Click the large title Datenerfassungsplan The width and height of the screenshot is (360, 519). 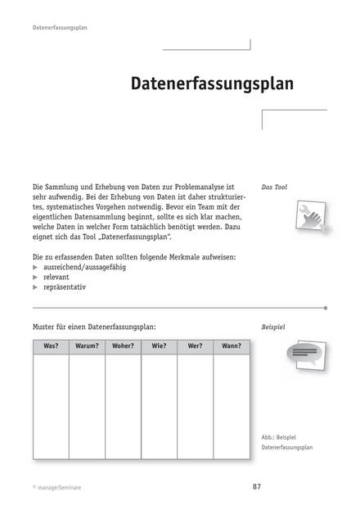pyautogui.click(x=211, y=84)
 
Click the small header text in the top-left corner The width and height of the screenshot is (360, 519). pyautogui.click(x=61, y=27)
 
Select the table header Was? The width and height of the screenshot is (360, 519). pyautogui.click(x=51, y=346)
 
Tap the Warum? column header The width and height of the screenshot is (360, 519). pyautogui.click(x=86, y=346)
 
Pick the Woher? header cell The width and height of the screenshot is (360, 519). pyautogui.click(x=123, y=346)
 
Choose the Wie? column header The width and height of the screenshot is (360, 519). pyautogui.click(x=159, y=346)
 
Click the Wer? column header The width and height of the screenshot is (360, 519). pyautogui.click(x=195, y=346)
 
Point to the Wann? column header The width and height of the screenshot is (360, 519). pyautogui.click(x=231, y=346)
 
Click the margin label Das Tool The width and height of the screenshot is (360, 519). pyautogui.click(x=274, y=187)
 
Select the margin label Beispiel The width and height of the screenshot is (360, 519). pyautogui.click(x=273, y=327)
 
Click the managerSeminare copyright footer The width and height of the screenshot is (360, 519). pyautogui.click(x=57, y=487)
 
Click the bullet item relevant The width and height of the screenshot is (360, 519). pyautogui.click(x=56, y=278)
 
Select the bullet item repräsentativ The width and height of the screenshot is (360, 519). pyautogui.click(x=65, y=288)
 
